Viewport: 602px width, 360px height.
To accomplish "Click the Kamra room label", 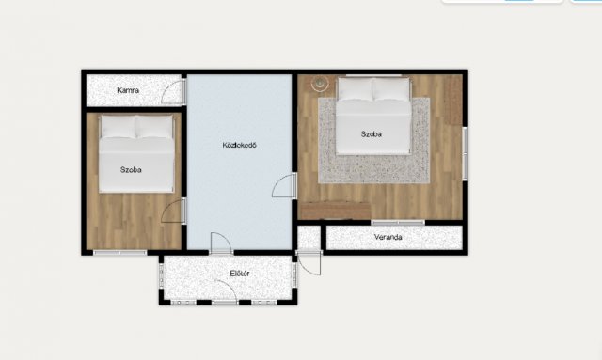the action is click(128, 90).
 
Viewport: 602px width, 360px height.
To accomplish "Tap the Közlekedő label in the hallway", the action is click(240, 145).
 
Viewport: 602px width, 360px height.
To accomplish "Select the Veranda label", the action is click(388, 237).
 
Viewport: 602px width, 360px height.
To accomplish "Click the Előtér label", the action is click(240, 274).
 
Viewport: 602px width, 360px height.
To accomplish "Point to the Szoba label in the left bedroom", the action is click(131, 169).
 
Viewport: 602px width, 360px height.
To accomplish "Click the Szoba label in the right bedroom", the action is click(372, 134).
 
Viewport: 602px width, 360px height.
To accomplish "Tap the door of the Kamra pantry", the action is click(173, 92).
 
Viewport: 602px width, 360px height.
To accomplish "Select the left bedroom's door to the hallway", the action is click(173, 211).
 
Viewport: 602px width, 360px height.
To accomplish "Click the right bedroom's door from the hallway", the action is click(284, 185).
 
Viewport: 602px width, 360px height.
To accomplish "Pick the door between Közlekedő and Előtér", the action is click(221, 243).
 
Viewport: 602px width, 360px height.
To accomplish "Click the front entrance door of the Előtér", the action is click(225, 292).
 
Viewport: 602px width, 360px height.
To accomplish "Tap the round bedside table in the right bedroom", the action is click(320, 83).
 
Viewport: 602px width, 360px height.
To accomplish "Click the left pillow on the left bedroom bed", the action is click(118, 127).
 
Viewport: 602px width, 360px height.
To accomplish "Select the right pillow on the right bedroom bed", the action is click(391, 89).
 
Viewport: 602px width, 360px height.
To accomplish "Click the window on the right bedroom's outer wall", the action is click(465, 153).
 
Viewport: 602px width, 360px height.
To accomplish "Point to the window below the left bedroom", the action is click(120, 253).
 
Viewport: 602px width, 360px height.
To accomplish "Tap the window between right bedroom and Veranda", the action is click(398, 222).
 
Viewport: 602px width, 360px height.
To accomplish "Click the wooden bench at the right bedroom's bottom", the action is click(335, 211).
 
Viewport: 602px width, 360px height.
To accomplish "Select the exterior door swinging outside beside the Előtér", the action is click(309, 262).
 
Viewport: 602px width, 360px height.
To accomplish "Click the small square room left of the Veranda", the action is click(309, 237).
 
